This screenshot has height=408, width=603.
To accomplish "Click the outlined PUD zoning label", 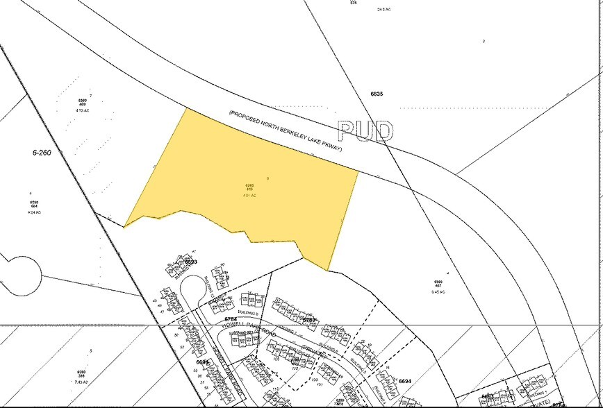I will click(365, 131).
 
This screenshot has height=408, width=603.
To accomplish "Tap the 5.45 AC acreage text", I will click(437, 291).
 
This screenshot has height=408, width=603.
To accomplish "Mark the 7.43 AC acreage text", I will click(82, 382).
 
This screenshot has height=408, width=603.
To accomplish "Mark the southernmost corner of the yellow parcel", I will click(327, 271).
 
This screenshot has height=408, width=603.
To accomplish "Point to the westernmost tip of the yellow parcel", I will click(124, 226).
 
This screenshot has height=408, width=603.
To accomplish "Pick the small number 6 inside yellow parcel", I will click(267, 178).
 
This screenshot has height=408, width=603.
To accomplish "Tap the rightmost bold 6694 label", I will click(406, 382).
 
